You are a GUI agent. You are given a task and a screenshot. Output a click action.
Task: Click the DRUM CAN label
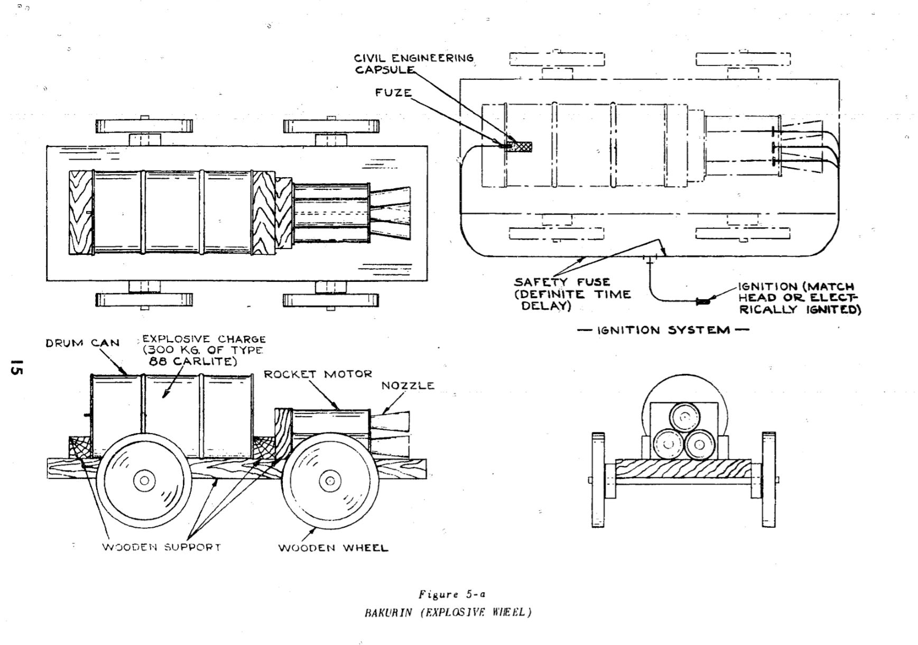point(82,343)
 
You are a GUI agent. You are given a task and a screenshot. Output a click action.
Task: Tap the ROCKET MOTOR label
point(318,374)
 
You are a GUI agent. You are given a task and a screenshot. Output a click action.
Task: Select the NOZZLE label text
point(408,385)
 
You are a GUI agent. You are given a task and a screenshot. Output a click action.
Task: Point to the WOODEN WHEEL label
point(333,548)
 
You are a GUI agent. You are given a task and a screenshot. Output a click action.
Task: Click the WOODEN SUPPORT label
point(161,547)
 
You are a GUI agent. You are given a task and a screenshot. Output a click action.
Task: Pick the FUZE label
point(393,93)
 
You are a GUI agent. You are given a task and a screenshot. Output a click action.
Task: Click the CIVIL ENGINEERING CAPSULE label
point(414,63)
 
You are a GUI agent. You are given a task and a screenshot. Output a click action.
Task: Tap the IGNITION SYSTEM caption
point(663,330)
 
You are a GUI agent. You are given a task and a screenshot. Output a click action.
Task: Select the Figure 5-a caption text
point(452,594)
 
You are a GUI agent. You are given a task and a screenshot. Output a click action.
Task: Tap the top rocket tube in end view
point(684,418)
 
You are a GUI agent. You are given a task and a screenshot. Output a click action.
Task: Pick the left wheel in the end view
point(598,480)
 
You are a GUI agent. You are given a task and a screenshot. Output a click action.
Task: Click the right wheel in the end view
point(769,480)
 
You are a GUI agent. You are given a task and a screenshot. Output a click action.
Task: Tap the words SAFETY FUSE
point(562,282)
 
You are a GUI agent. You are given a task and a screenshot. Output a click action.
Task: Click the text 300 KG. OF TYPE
point(203,351)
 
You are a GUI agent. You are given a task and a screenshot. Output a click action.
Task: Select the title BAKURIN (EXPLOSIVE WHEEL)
point(448,613)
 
